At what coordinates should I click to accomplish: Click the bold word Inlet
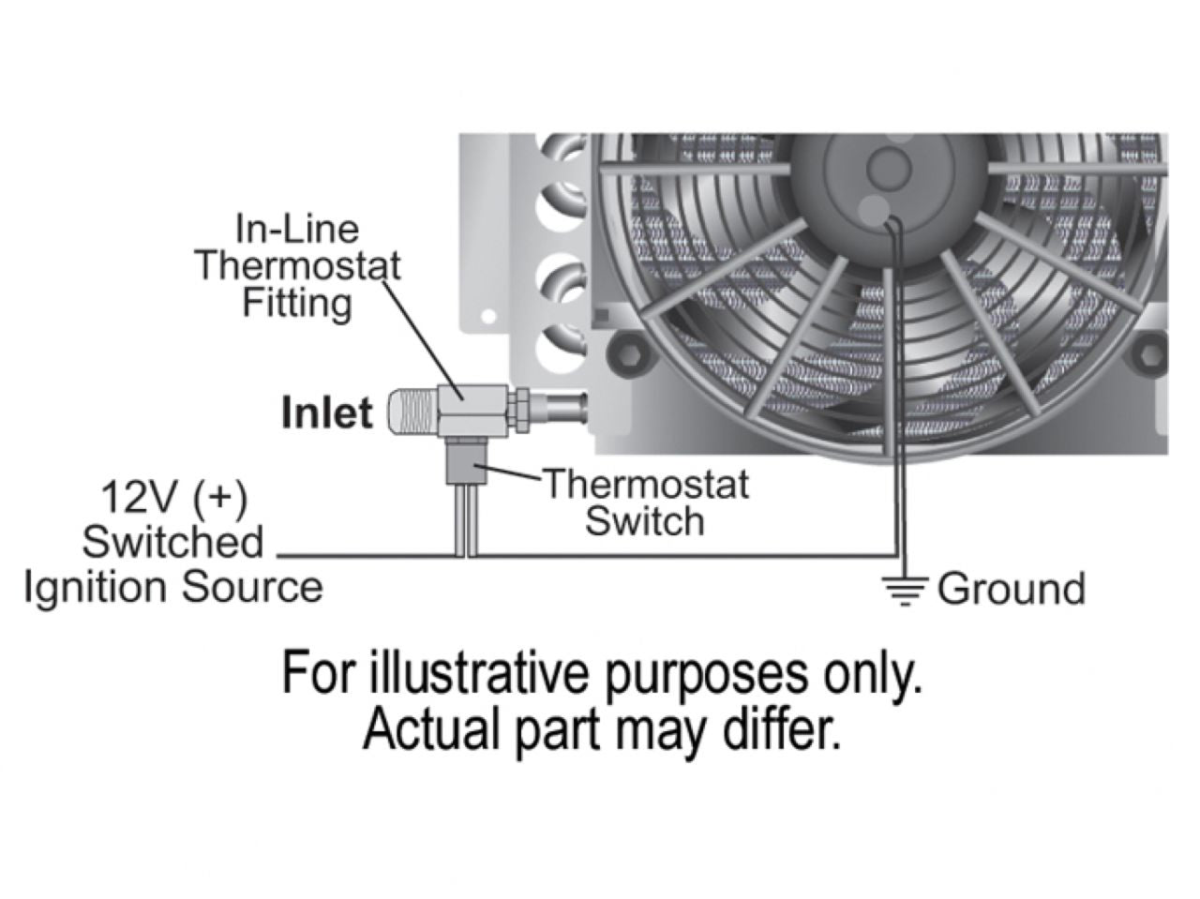pos(327,413)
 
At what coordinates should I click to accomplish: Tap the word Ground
pos(1011,589)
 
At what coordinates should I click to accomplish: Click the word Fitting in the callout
pos(297,303)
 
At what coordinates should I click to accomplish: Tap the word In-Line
pos(297,230)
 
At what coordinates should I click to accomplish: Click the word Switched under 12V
pos(174,542)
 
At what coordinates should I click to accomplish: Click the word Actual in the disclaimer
pos(420,728)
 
